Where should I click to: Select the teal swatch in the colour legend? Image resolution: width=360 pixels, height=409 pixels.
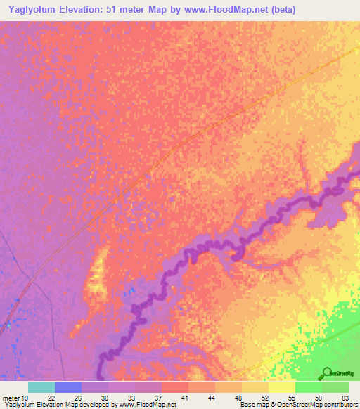tap(41, 387)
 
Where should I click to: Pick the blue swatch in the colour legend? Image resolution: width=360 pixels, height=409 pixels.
tap(68, 387)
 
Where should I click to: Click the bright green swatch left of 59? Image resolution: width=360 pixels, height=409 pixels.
tap(308, 387)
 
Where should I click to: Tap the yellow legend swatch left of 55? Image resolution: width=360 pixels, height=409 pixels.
tap(281, 387)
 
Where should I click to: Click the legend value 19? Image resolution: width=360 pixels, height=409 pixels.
tap(26, 398)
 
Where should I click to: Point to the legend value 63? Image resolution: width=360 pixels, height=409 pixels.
tap(345, 398)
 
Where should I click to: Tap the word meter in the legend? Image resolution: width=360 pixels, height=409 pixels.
tap(11, 398)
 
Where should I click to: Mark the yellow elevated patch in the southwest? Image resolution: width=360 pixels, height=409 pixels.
tap(96, 274)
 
